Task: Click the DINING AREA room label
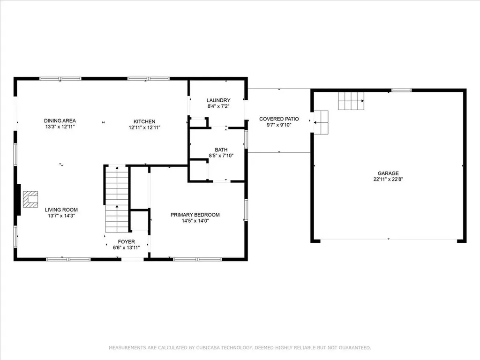pyautogui.click(x=60, y=120)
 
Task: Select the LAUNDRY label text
pyautogui.click(x=218, y=100)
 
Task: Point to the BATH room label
pyautogui.click(x=221, y=150)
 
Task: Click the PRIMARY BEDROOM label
pyautogui.click(x=195, y=215)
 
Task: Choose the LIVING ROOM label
pyautogui.click(x=61, y=210)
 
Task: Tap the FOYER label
pyautogui.click(x=127, y=241)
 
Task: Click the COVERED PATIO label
pyautogui.click(x=279, y=119)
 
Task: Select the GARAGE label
pyautogui.click(x=389, y=173)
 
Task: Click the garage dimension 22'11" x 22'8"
pyautogui.click(x=389, y=179)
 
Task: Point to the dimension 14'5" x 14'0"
pyautogui.click(x=195, y=221)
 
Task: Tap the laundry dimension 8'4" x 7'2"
pyautogui.click(x=218, y=106)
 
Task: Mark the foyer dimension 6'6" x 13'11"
pyautogui.click(x=127, y=247)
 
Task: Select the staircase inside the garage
pyautogui.click(x=351, y=100)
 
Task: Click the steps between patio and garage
pyautogui.click(x=321, y=122)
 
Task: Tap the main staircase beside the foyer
pyautogui.click(x=116, y=199)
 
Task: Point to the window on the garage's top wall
pyautogui.click(x=401, y=90)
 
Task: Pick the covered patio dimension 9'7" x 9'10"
pyautogui.click(x=279, y=125)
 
